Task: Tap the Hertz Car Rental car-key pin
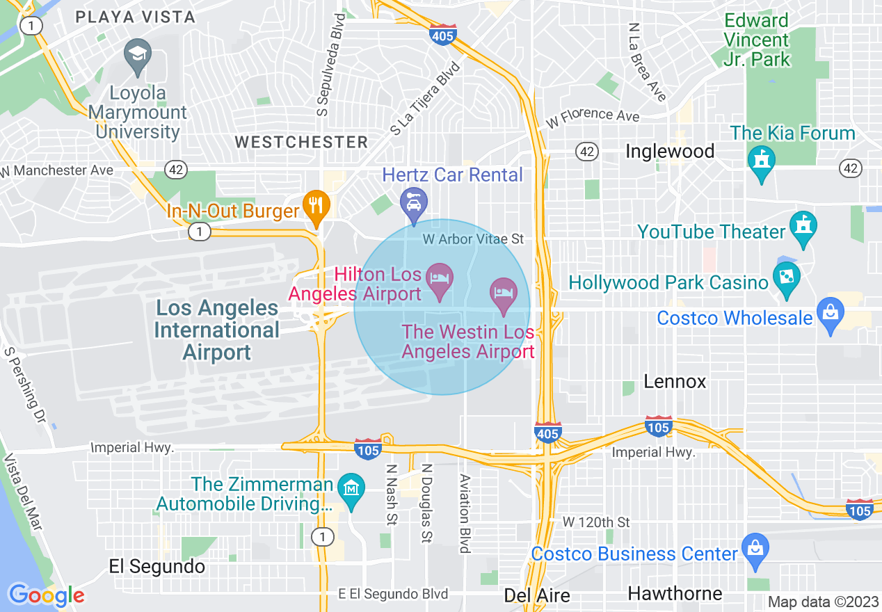pos(414,204)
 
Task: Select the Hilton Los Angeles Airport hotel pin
pos(440,279)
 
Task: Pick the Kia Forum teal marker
pos(761,161)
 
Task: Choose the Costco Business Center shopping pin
pos(755,549)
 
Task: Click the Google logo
pos(47,595)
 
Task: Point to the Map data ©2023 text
pos(823,602)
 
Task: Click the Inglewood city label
pos(670,151)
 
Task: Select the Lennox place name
pos(675,381)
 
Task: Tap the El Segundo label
pos(157,566)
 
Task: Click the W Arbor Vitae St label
pos(473,239)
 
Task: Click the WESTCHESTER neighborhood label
pos(301,142)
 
